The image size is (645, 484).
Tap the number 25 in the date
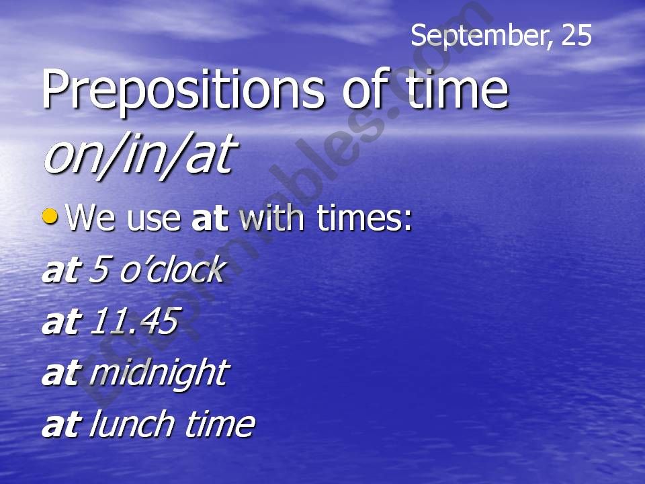pos(576,35)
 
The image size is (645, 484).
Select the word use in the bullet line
pos(152,220)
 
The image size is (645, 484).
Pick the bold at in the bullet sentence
pos(206,218)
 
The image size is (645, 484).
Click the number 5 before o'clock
pos(99,270)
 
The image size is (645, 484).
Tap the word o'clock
pos(169,270)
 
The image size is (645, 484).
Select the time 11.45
pos(132,321)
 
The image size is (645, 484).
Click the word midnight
pos(158,373)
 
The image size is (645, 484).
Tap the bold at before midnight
pos(60,373)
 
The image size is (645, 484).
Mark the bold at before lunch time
pos(60,424)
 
